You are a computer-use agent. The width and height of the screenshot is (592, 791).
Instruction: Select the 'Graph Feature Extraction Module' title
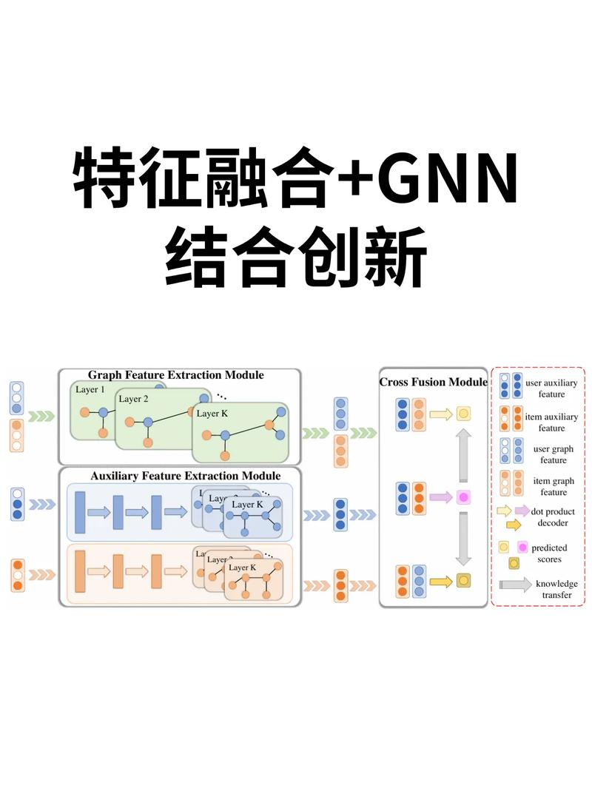[x=176, y=375]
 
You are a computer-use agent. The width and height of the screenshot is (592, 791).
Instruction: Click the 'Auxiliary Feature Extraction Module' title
[x=185, y=476]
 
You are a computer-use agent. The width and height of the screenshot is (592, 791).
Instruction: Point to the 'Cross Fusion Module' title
[x=433, y=383]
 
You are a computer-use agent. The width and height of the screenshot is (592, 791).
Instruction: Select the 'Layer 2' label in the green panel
[x=134, y=399]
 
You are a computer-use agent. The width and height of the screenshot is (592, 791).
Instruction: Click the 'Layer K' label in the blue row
[x=247, y=505]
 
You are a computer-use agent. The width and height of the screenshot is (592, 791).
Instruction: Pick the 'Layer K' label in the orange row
[x=243, y=568]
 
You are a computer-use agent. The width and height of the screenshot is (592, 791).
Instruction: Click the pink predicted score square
[x=464, y=497]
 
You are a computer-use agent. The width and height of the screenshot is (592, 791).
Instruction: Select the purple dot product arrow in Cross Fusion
[x=440, y=497]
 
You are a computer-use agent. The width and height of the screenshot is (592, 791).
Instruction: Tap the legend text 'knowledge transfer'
[x=556, y=589]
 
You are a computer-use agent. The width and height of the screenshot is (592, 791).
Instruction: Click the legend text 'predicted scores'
[x=549, y=553]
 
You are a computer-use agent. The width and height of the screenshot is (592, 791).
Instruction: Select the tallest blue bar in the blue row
[x=81, y=511]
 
